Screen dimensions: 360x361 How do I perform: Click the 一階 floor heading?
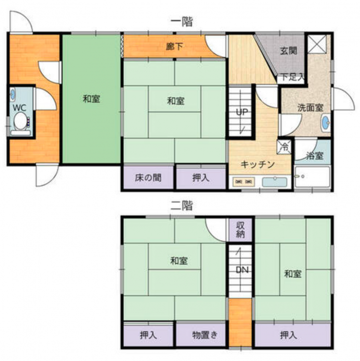tap(181, 22)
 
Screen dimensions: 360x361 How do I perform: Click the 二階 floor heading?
tap(181, 206)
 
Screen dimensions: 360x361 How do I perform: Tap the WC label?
tap(19, 107)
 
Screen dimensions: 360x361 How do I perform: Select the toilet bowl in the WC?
tap(21, 121)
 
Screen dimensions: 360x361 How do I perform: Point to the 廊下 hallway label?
tap(175, 47)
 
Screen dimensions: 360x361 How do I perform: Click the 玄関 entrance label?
tap(289, 51)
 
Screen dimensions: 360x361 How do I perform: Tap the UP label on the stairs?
tap(241, 112)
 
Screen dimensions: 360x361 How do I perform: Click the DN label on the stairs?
tap(242, 270)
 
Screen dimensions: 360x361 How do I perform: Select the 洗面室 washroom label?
tap(310, 108)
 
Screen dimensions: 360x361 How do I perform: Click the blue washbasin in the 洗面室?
tap(325, 122)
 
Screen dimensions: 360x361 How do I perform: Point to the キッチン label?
tap(258, 165)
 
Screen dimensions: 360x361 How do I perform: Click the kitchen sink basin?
tap(275, 182)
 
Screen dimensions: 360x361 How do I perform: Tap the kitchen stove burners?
tap(243, 182)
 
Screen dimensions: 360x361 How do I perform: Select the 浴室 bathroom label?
tap(315, 155)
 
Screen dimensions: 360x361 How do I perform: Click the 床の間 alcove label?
tap(148, 178)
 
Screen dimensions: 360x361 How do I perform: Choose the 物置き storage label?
tap(205, 335)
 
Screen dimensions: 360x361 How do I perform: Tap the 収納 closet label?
tap(240, 230)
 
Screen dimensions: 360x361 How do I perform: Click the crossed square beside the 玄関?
tap(317, 44)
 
